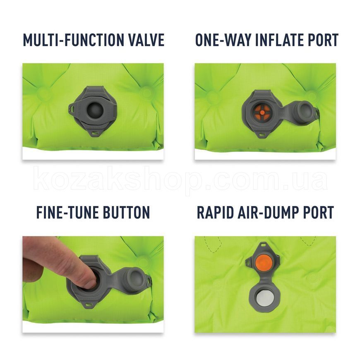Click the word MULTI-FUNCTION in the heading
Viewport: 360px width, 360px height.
[x=73, y=40]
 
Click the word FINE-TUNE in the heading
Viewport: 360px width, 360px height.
[x=67, y=212]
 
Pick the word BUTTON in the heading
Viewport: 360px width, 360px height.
[x=126, y=212]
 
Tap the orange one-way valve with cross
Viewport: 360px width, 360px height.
[x=262, y=113]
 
